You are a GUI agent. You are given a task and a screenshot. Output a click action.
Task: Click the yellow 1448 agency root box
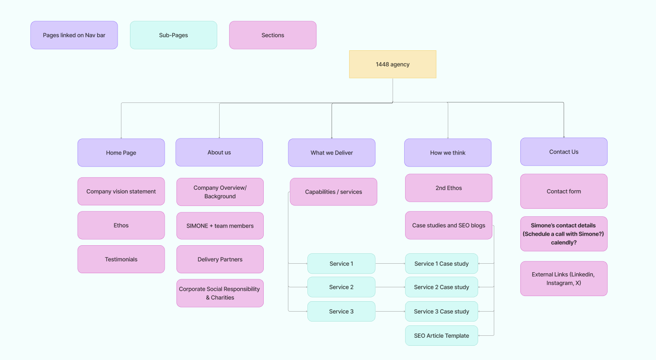pyautogui.click(x=392, y=64)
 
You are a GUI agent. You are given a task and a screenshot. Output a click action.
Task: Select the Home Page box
pyautogui.click(x=121, y=153)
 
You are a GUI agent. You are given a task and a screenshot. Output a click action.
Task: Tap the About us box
pyautogui.click(x=219, y=152)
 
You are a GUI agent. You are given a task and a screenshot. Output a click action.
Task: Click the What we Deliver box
pyautogui.click(x=332, y=153)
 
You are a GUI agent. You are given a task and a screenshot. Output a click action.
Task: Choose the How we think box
pyautogui.click(x=448, y=153)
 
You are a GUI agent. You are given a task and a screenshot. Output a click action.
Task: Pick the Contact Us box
pyautogui.click(x=564, y=152)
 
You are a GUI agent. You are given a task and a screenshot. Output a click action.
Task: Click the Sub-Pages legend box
pyautogui.click(x=174, y=35)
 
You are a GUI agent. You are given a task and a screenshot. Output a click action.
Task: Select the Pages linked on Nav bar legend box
pyautogui.click(x=74, y=35)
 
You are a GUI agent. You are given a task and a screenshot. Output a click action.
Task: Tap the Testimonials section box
pyautogui.click(x=121, y=259)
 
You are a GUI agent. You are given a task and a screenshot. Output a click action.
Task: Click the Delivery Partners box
pyautogui.click(x=220, y=259)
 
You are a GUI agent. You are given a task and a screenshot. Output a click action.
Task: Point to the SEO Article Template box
pyautogui.click(x=441, y=336)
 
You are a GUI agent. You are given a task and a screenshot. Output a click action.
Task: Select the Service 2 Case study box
pyautogui.click(x=441, y=287)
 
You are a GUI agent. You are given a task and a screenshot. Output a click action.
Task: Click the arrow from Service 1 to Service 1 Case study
pyautogui.click(x=390, y=264)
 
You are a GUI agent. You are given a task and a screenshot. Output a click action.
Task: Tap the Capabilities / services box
pyautogui.click(x=333, y=192)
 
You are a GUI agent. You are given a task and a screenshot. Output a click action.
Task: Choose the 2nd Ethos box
pyautogui.click(x=449, y=188)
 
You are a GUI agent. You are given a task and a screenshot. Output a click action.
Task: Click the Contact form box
pyautogui.click(x=564, y=191)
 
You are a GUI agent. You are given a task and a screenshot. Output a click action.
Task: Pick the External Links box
pyautogui.click(x=564, y=278)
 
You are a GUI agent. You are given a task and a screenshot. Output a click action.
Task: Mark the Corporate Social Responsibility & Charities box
pyautogui.click(x=220, y=293)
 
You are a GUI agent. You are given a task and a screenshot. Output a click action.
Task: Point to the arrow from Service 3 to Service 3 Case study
pyautogui.click(x=390, y=311)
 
